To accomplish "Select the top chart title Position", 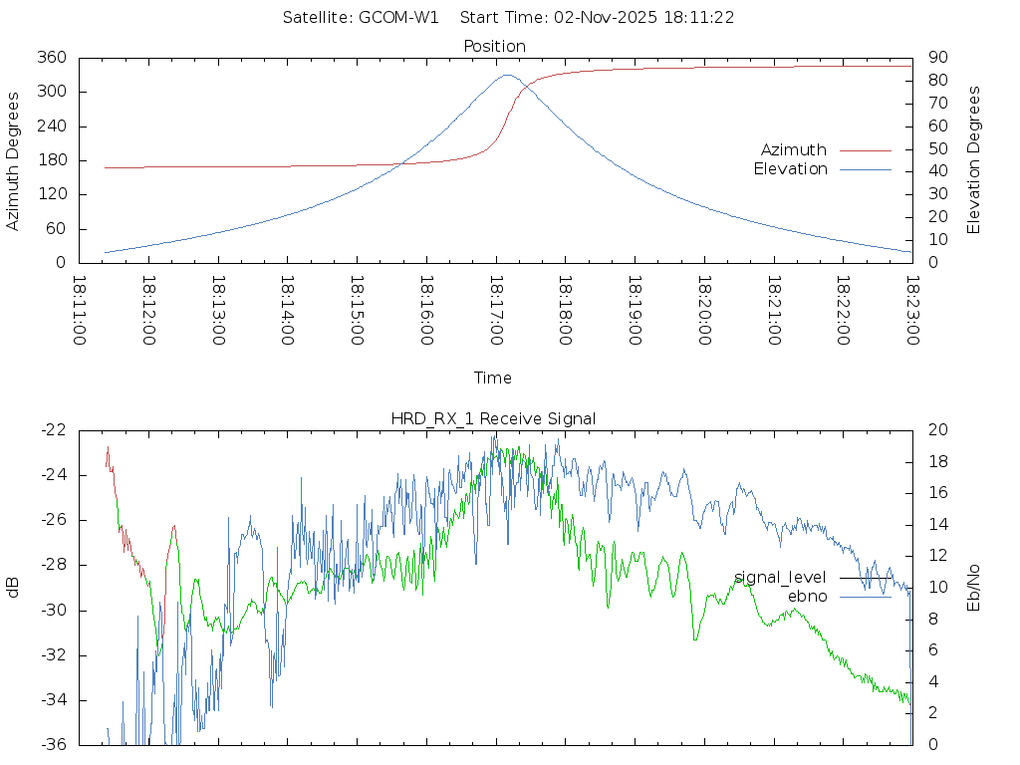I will (495, 46).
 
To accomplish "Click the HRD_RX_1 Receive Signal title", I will (493, 418).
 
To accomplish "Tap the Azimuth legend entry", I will (794, 149).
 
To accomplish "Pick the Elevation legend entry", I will (790, 169).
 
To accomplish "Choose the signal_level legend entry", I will (780, 578).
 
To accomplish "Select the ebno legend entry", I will (807, 596).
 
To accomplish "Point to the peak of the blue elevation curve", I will (508, 75).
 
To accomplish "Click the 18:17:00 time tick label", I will (496, 311).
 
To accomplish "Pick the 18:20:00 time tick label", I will (704, 311).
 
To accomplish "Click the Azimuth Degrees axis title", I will (13, 160).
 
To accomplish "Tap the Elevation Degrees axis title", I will (974, 159).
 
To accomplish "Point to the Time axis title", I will (493, 378).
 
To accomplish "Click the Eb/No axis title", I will (974, 587).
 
